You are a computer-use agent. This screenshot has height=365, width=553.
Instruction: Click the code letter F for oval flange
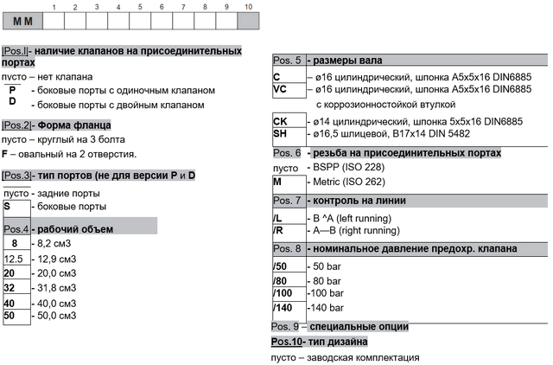coord(6,154)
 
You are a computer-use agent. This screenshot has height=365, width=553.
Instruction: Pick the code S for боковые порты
coord(8,207)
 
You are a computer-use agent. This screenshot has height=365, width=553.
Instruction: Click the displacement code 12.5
coord(14,259)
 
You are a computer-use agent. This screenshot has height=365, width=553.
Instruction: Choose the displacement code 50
coord(10,316)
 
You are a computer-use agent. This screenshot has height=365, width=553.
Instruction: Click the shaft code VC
coord(280,89)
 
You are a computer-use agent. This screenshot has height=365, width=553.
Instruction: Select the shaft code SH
coord(280,134)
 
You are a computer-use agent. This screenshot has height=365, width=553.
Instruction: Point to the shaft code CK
coord(280,120)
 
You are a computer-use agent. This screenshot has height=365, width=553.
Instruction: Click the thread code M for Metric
coord(277,182)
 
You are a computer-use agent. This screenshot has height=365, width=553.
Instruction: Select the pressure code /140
coord(283,308)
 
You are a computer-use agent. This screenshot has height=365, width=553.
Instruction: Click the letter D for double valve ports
coord(12,102)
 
